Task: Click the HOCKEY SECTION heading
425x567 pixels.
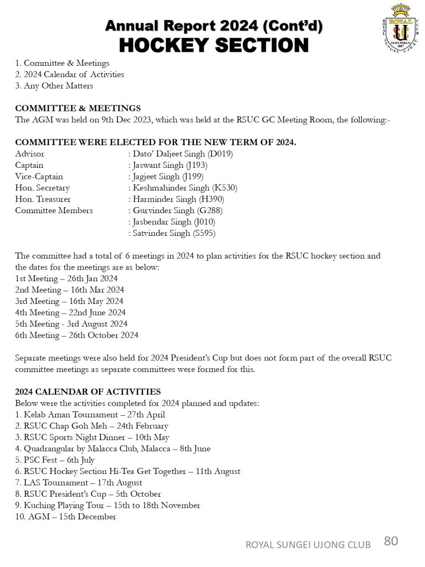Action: (214, 45)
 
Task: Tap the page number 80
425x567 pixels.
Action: (391, 542)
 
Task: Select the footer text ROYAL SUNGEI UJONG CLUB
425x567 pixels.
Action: (308, 545)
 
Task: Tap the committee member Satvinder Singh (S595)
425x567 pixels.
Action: (174, 233)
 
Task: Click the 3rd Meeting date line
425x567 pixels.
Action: (69, 301)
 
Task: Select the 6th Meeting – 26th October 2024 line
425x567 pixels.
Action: (76, 335)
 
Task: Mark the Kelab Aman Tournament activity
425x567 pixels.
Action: (90, 415)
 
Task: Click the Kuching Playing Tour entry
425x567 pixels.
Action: (107, 505)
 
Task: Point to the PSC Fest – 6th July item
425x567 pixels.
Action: (55, 460)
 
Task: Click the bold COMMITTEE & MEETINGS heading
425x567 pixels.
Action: (77, 109)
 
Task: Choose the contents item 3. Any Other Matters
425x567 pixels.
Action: (54, 86)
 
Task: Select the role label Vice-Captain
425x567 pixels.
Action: (39, 177)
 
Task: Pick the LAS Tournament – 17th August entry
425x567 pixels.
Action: (79, 482)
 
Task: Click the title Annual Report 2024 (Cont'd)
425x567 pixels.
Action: (214, 25)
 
